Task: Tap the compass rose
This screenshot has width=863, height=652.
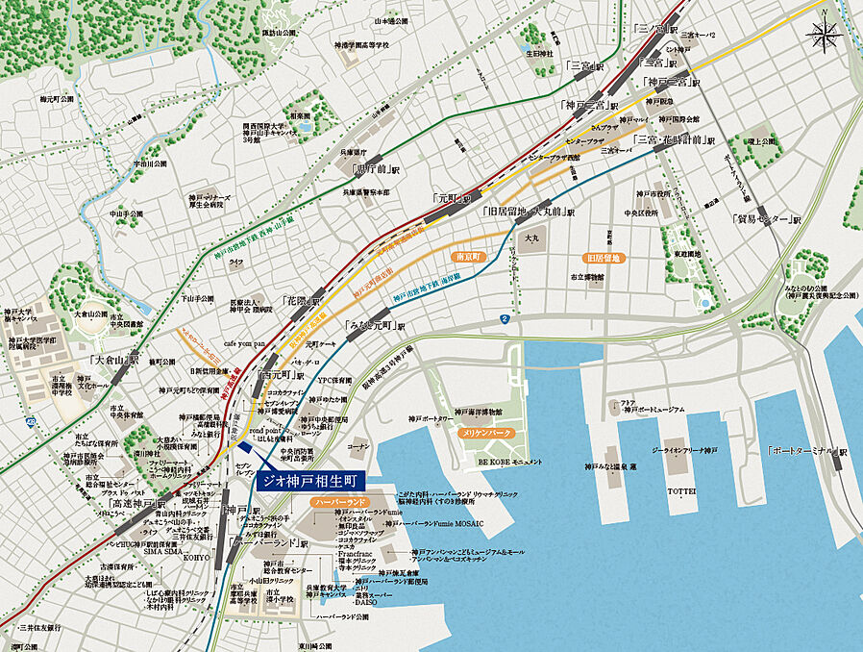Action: tap(825, 37)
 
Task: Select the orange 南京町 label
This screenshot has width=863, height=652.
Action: tap(466, 258)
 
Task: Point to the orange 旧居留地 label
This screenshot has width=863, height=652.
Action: tap(604, 258)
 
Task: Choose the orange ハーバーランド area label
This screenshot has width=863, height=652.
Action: tap(335, 502)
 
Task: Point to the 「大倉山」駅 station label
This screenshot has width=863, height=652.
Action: tap(114, 358)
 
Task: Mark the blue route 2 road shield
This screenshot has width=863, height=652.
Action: tap(504, 318)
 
